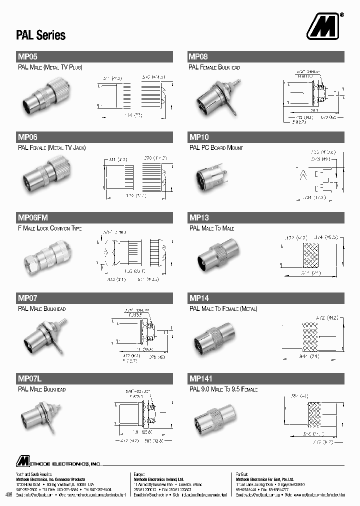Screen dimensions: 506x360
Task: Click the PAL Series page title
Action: coord(41,35)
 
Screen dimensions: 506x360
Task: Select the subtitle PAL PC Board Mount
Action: coord(216,148)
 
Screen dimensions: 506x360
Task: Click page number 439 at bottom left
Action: coord(7,494)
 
